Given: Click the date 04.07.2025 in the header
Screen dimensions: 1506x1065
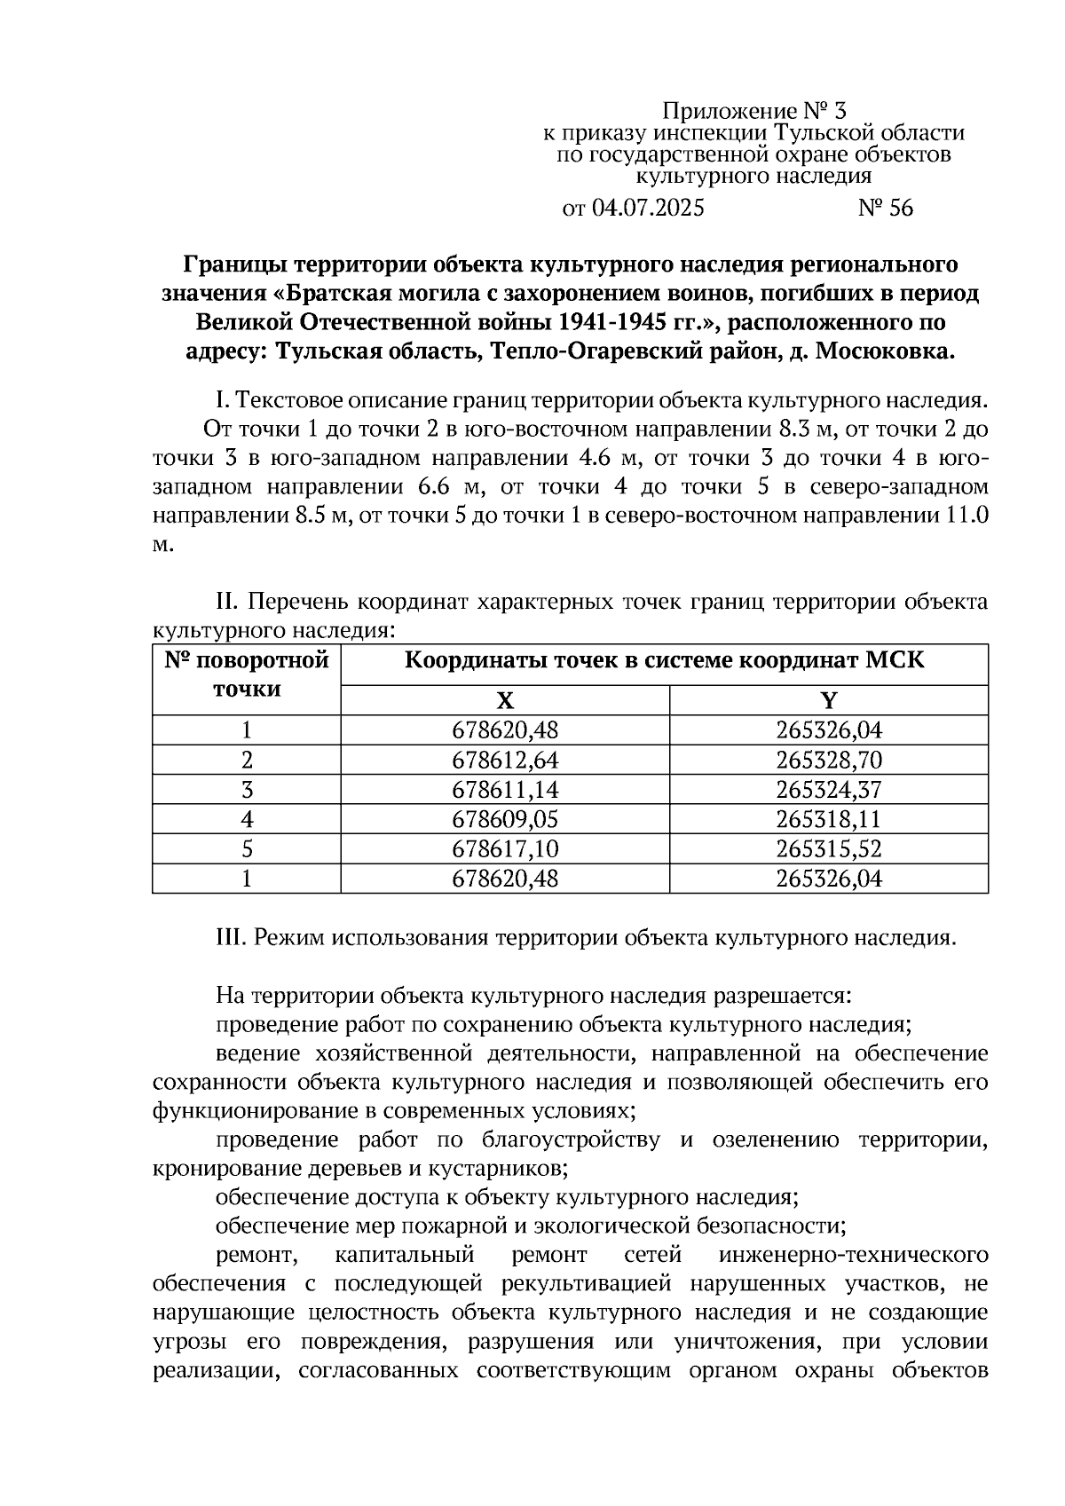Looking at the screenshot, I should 647,209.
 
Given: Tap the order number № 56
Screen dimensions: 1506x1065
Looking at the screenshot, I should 885,209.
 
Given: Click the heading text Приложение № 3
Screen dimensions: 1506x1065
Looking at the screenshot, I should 755,112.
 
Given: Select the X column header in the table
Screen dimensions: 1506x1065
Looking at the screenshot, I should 505,700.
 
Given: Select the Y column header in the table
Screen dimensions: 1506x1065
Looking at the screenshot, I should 828,700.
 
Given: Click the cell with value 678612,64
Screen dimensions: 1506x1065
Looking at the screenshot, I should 505,761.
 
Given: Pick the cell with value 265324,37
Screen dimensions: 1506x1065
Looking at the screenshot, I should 828,790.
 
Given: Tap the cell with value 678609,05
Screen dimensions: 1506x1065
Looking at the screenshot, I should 505,819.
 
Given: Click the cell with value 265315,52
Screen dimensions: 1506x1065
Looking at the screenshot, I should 828,849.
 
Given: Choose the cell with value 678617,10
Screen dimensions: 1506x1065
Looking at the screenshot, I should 505,849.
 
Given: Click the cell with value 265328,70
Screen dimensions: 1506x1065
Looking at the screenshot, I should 828,761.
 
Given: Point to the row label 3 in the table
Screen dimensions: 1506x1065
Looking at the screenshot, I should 247,790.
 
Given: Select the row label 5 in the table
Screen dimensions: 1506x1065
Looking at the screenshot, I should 247,849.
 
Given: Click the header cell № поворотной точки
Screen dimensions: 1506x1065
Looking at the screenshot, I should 247,674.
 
